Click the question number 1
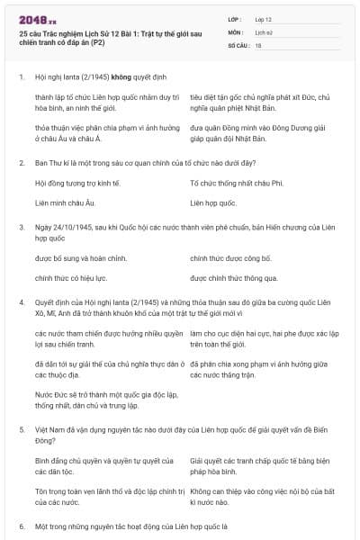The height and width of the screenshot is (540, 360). (21, 76)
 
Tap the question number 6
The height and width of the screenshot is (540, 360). (21, 524)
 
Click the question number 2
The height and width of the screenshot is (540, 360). (21, 162)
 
